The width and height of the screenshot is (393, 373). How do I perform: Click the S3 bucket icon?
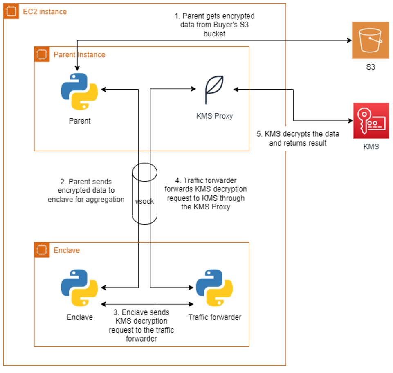tap(371, 40)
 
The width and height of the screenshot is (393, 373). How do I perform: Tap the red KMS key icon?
tap(371, 121)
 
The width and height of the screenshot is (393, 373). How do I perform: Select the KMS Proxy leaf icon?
tap(214, 90)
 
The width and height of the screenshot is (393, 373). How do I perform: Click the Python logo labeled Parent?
tap(79, 92)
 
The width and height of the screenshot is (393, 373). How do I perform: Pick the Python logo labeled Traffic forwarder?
tap(214, 288)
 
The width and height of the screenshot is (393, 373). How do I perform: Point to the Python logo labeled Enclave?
tap(79, 288)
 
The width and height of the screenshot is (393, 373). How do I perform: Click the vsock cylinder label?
tap(144, 201)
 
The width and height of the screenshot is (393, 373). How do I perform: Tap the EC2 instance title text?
tap(45, 12)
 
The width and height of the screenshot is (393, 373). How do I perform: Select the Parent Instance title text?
tap(79, 55)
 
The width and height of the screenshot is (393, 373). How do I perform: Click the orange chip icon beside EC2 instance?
tap(11, 11)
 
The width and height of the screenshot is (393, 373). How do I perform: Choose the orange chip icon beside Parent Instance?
tap(42, 54)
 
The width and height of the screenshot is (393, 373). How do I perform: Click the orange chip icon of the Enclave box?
tap(42, 250)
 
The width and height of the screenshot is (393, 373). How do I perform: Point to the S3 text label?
tap(371, 67)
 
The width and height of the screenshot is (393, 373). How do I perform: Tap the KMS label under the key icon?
tap(371, 147)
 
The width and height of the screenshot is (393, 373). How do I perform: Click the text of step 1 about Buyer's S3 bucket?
tap(215, 25)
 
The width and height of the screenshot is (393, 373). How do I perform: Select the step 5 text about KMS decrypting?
tap(298, 138)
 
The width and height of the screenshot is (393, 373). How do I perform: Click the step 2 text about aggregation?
tap(86, 191)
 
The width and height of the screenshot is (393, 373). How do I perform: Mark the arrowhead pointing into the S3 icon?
tap(350, 40)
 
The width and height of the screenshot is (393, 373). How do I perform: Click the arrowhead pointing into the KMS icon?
tap(350, 121)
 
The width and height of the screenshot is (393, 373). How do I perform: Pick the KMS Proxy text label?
tap(215, 116)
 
